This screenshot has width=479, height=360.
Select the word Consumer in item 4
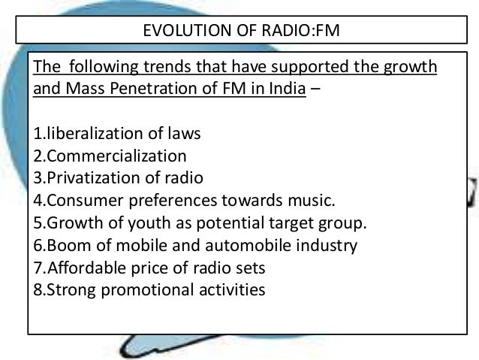click(x=80, y=201)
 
